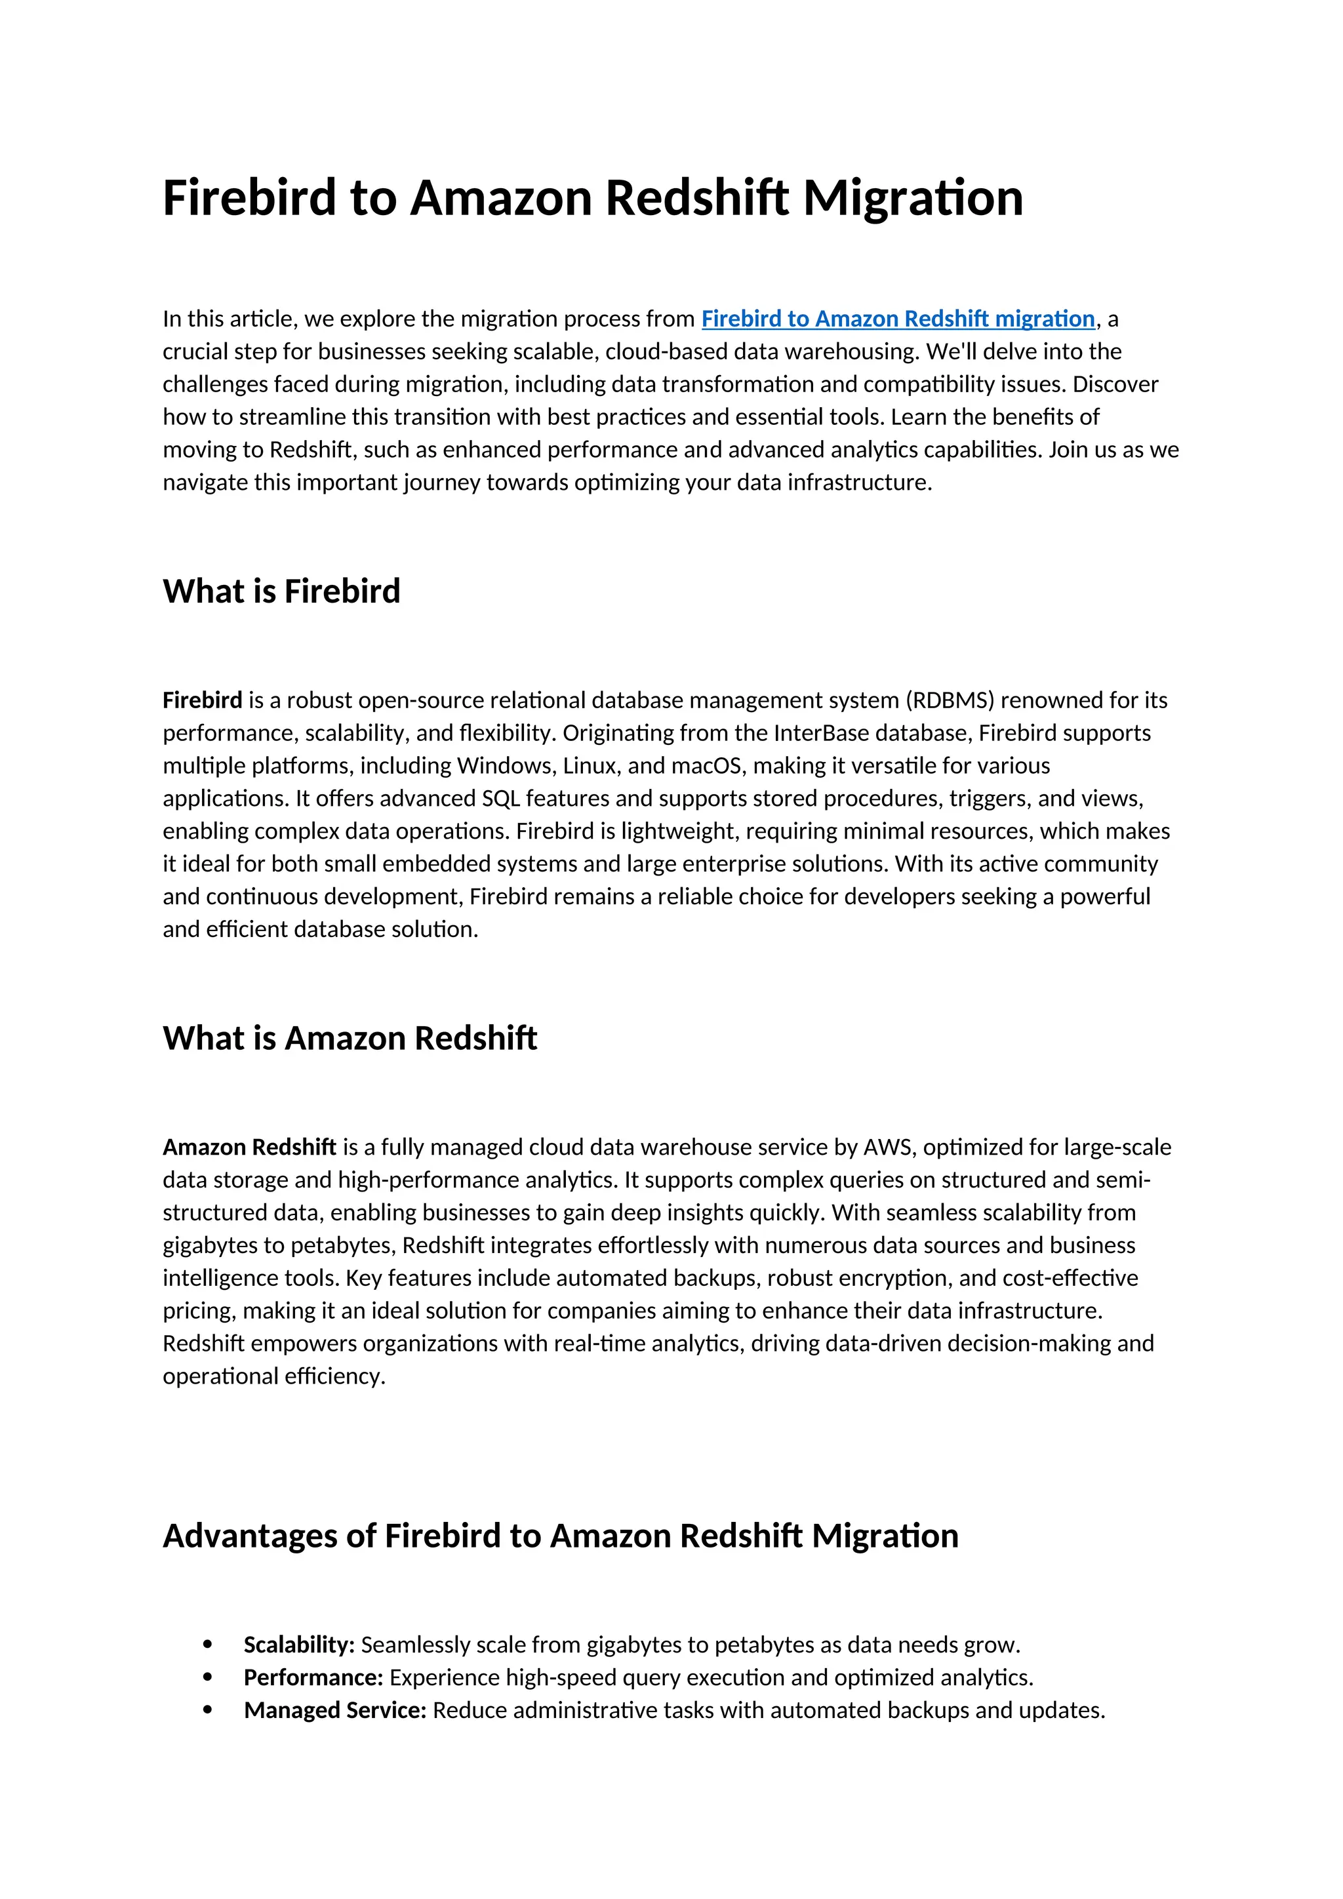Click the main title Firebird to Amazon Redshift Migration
(592, 199)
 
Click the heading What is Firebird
(281, 591)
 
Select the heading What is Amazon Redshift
(349, 1038)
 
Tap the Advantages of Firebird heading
(560, 1536)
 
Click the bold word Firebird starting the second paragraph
(202, 700)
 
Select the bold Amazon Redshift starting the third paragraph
(249, 1147)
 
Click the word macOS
(706, 766)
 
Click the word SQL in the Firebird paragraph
(501, 799)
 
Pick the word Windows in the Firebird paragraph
(506, 766)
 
